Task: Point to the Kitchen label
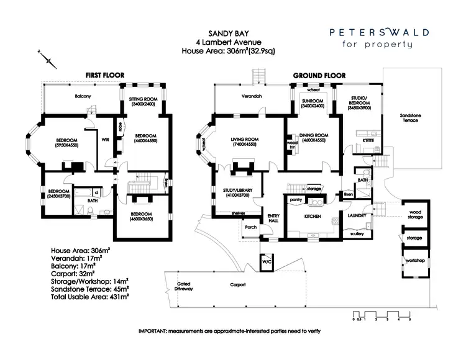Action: pyautogui.click(x=312, y=217)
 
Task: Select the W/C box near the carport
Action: pyautogui.click(x=267, y=262)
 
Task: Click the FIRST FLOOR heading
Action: pyautogui.click(x=105, y=75)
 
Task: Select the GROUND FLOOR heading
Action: pyautogui.click(x=319, y=75)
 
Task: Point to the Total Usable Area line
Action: pyautogui.click(x=89, y=297)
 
